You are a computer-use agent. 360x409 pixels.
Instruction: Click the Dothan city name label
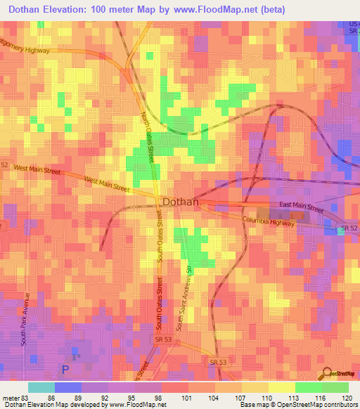pyautogui.click(x=181, y=202)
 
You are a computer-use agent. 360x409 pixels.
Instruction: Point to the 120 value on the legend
pyautogui.click(x=347, y=397)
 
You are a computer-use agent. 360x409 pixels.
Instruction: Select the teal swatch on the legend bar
pyautogui.click(x=41, y=387)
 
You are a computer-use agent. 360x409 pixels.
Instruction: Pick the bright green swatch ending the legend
pyautogui.click(x=335, y=387)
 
